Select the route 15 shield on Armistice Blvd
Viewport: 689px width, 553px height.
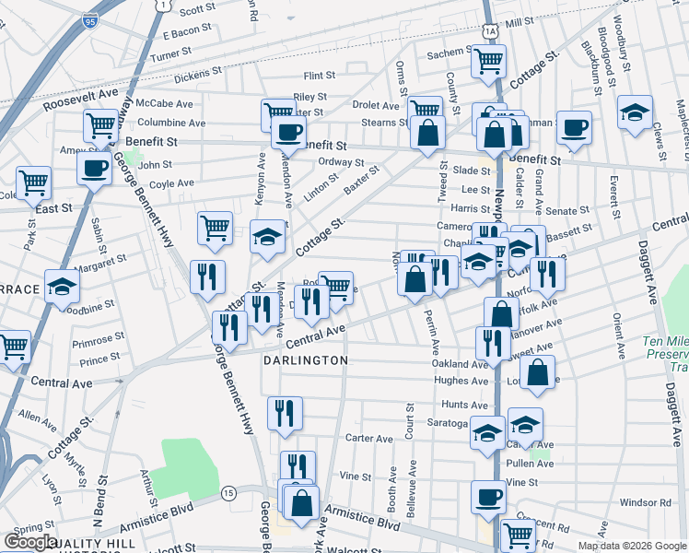click(x=228, y=494)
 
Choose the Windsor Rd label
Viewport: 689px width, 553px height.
click(x=646, y=502)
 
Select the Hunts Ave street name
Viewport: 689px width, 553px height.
click(x=464, y=405)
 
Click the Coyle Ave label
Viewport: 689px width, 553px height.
click(x=171, y=183)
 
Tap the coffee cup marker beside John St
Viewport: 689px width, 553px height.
click(x=94, y=169)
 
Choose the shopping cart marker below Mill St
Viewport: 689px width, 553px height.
click(x=488, y=61)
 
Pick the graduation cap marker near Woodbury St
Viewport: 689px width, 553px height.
click(x=636, y=112)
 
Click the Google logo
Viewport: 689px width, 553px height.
click(x=30, y=542)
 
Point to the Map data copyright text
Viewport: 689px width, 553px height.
click(x=631, y=546)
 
